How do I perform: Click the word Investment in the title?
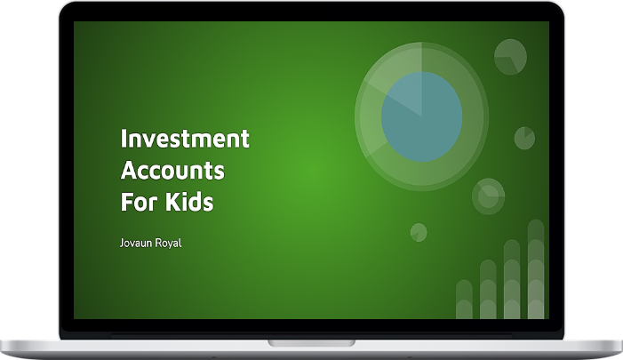tap(185, 139)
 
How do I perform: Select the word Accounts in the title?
tap(172, 170)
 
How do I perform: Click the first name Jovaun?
tap(135, 243)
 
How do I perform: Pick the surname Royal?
tap(168, 243)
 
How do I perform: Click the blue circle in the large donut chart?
tap(421, 116)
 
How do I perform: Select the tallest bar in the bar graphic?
tap(536, 269)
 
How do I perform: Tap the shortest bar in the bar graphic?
tap(464, 300)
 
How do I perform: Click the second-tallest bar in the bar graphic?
tap(512, 279)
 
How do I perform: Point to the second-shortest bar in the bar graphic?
tap(488, 289)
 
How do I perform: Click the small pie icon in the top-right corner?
tap(510, 57)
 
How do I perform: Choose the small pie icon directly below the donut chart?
tap(419, 233)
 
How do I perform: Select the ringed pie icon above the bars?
tap(488, 196)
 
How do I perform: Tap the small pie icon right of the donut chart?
tap(524, 139)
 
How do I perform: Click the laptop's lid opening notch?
tap(311, 343)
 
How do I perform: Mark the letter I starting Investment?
tap(124, 139)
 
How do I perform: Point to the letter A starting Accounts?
tap(129, 170)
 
